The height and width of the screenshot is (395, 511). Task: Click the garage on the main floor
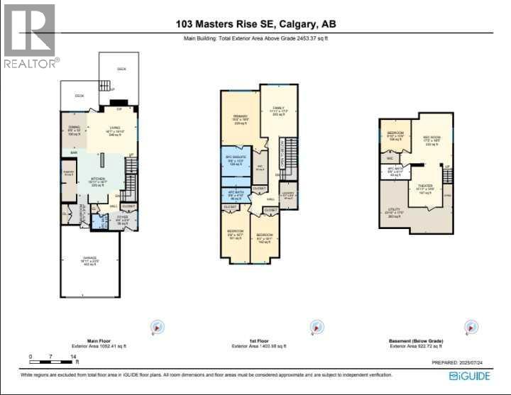[90, 262]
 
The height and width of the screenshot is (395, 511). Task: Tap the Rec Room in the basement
[432, 139]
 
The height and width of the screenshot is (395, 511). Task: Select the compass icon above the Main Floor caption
[157, 327]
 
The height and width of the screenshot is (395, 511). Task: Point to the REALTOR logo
[30, 35]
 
